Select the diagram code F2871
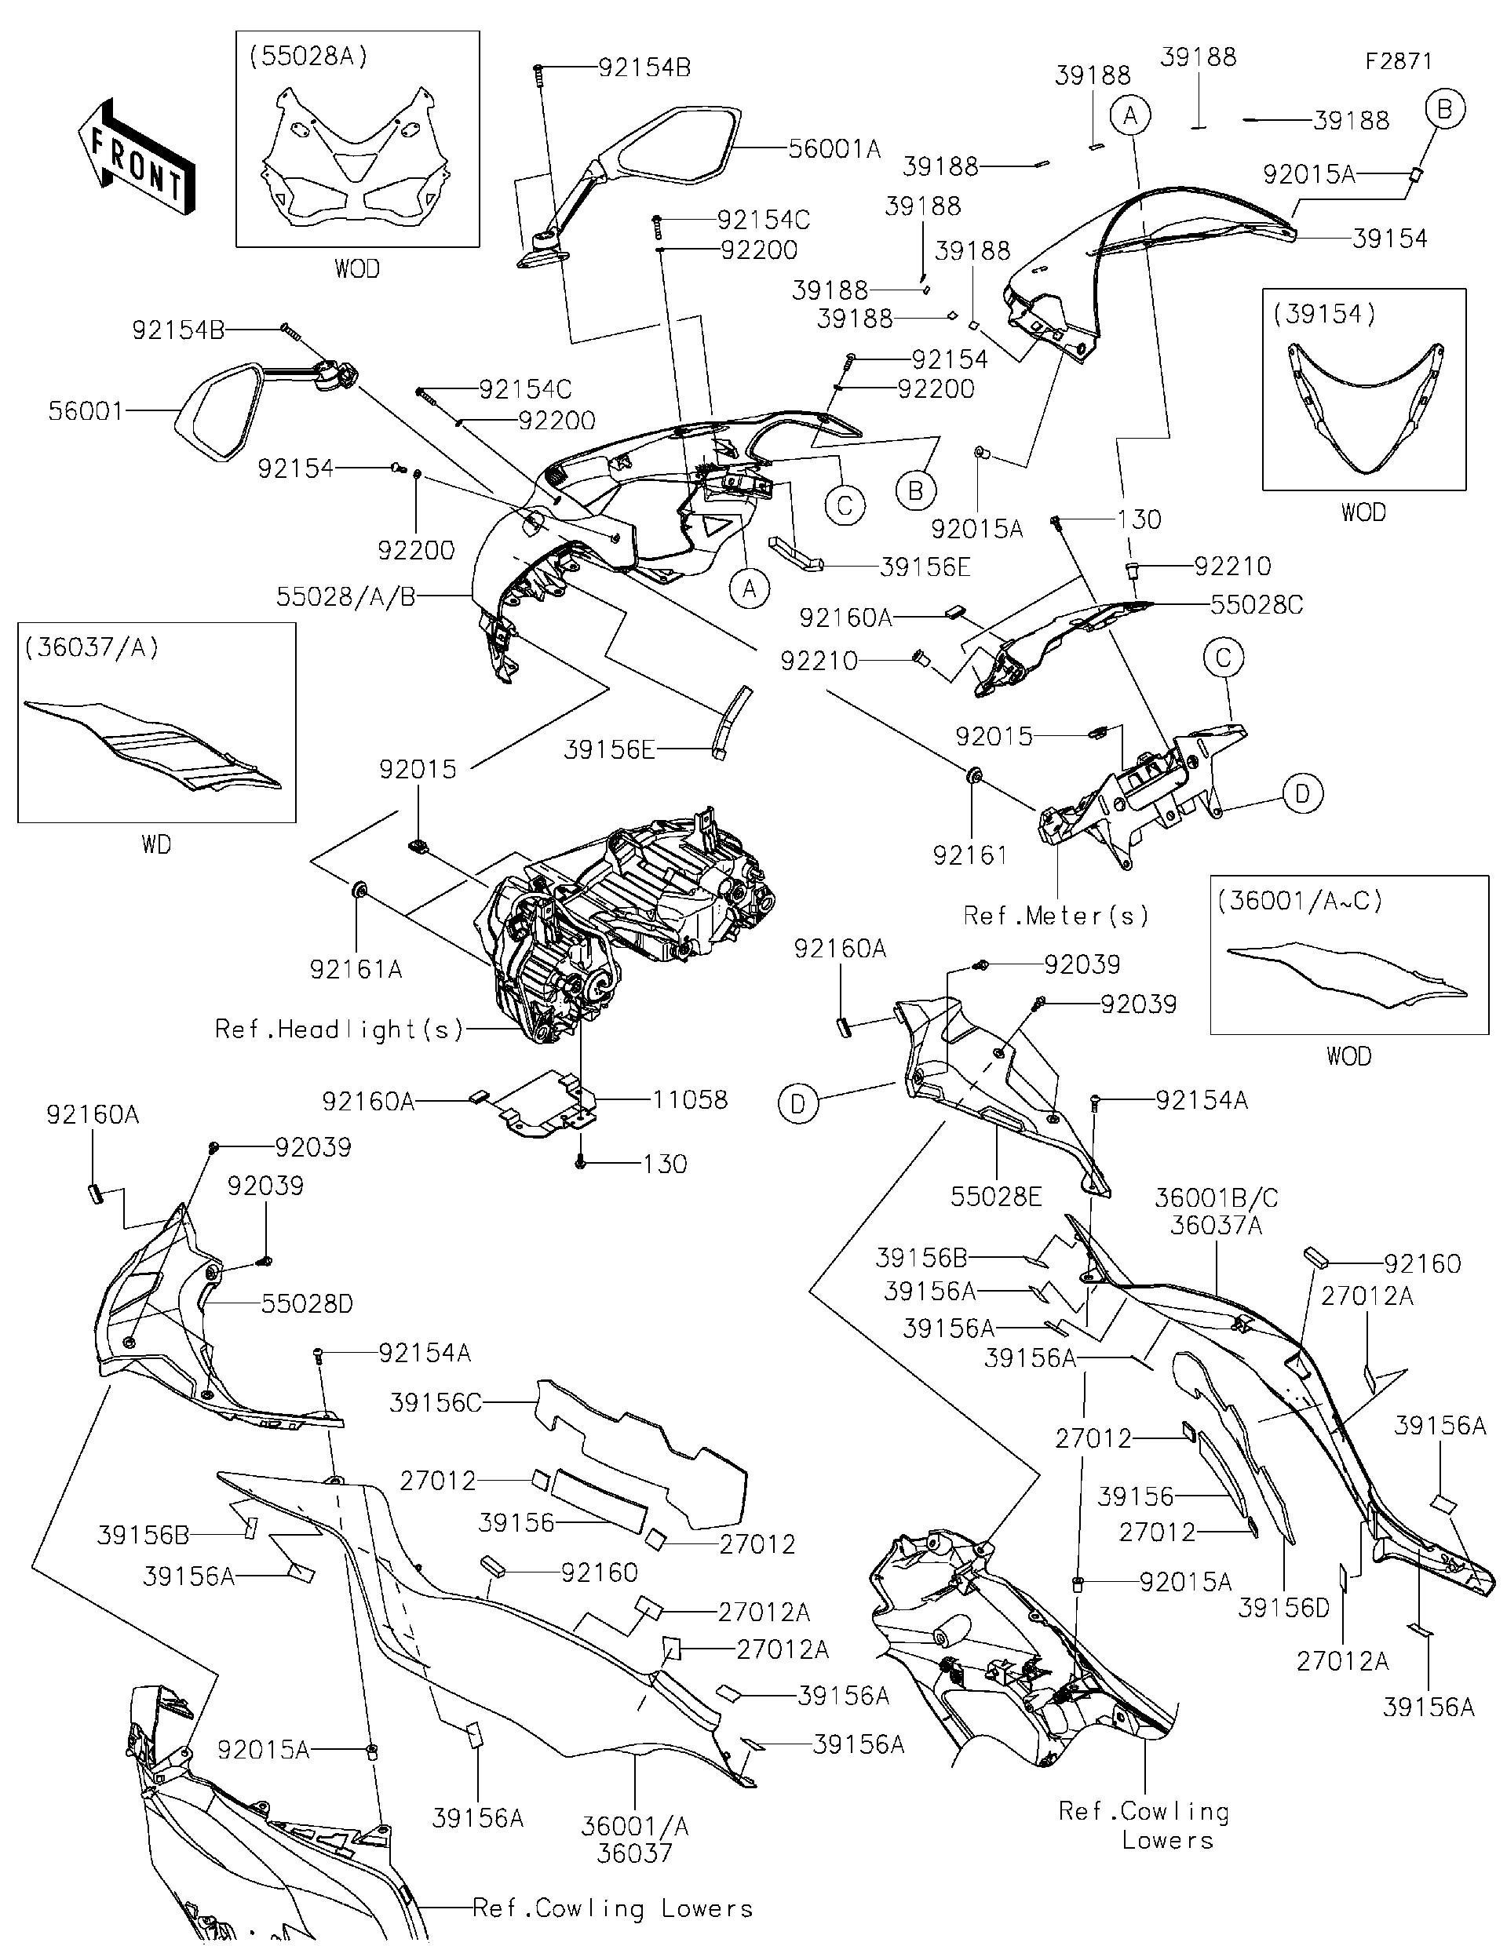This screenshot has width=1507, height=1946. coord(1398,61)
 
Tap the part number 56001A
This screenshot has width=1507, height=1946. coord(834,149)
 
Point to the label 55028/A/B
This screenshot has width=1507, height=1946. coord(346,596)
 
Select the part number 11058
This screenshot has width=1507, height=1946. coord(689,1099)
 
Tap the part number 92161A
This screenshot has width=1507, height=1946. coord(356,968)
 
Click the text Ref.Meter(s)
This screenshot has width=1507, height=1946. coord(1056,915)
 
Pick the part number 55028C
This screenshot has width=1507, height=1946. coord(1256,605)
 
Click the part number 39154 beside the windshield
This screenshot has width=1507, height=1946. coord(1389,238)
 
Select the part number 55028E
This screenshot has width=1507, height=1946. coord(995,1197)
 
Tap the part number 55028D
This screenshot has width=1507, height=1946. coord(307,1303)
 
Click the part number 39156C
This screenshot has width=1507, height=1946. coord(435,1402)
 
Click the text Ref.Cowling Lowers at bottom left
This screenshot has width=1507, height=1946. coord(612,1908)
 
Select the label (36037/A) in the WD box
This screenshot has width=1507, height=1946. coord(92,648)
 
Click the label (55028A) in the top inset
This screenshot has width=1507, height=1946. coord(308,56)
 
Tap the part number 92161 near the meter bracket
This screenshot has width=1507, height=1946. coord(969,855)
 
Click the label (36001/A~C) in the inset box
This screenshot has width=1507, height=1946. coord(1299,901)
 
